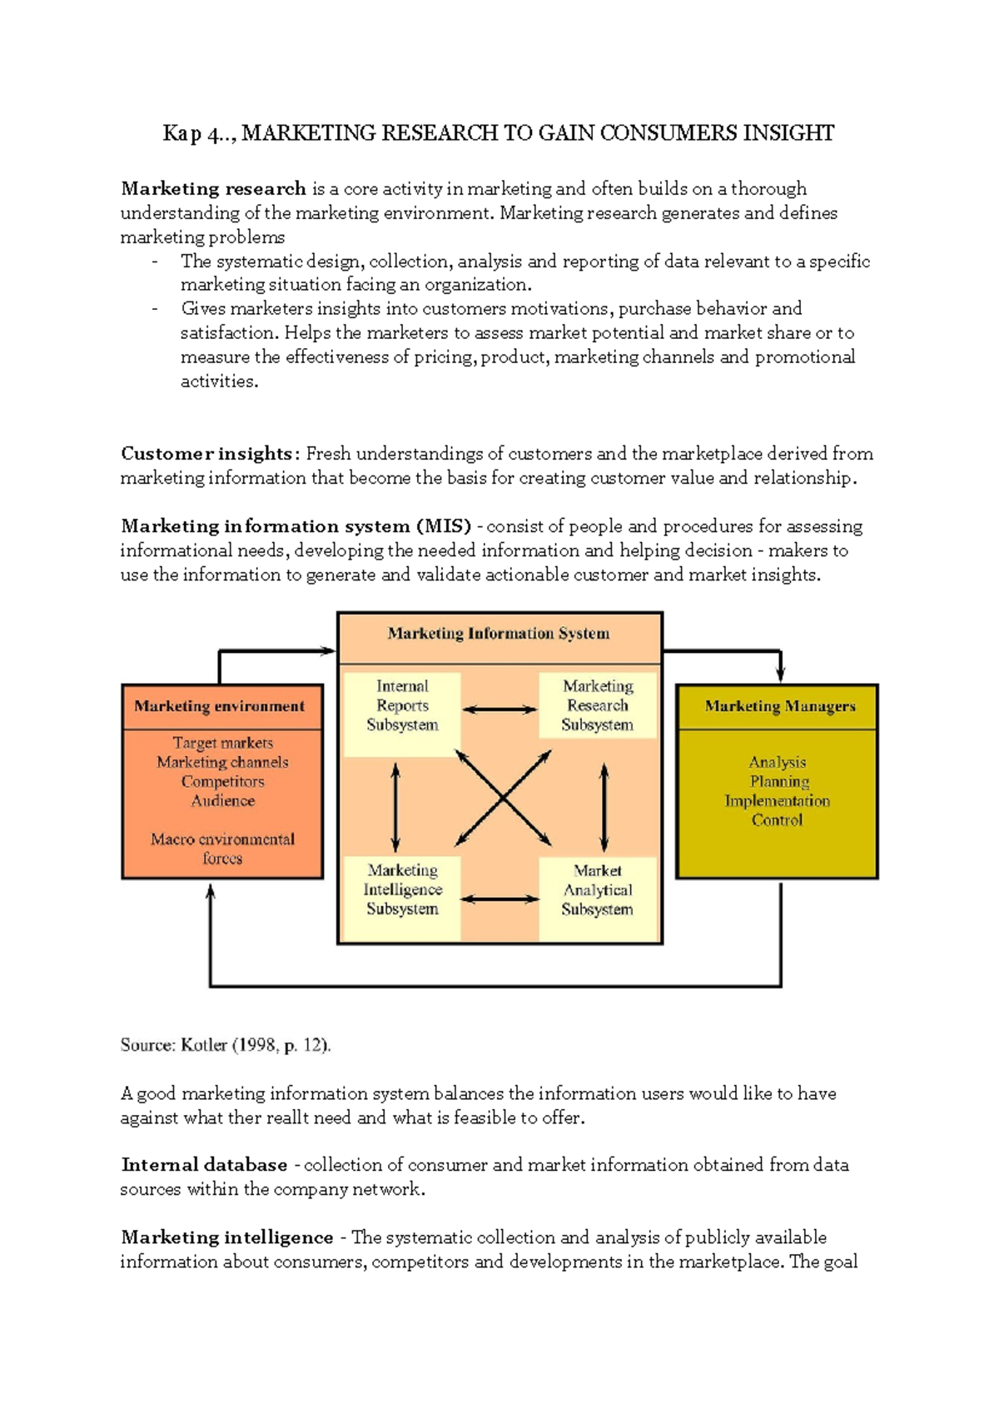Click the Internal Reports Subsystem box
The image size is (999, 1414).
(x=402, y=706)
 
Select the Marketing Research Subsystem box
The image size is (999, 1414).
(x=598, y=706)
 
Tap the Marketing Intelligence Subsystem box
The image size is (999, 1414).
(x=402, y=890)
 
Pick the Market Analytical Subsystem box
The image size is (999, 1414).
(x=598, y=890)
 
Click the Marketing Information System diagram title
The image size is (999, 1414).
(x=499, y=634)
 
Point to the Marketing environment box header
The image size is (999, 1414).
(x=220, y=707)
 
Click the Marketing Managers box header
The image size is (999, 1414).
(x=780, y=707)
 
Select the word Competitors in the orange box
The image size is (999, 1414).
(x=223, y=782)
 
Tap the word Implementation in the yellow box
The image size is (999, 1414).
(x=778, y=801)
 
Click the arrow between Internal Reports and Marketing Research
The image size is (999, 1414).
(x=499, y=709)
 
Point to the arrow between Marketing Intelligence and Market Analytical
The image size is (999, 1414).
(x=499, y=899)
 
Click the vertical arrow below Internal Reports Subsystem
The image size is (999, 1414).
(x=395, y=806)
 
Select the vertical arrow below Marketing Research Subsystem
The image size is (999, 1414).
(x=604, y=806)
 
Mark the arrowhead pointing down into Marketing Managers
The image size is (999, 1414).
(x=781, y=673)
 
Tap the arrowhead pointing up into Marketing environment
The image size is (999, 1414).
(x=211, y=893)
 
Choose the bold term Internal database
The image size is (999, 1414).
(x=205, y=1165)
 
